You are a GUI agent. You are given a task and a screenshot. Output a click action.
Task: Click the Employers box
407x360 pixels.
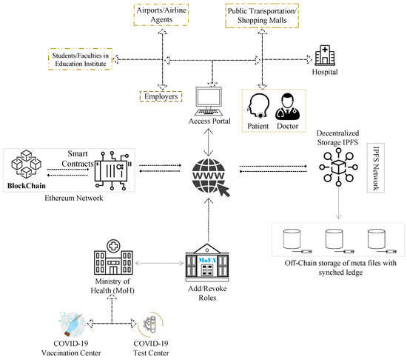tap(161, 96)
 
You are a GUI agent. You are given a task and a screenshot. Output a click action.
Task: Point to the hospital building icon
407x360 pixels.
tap(324, 56)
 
